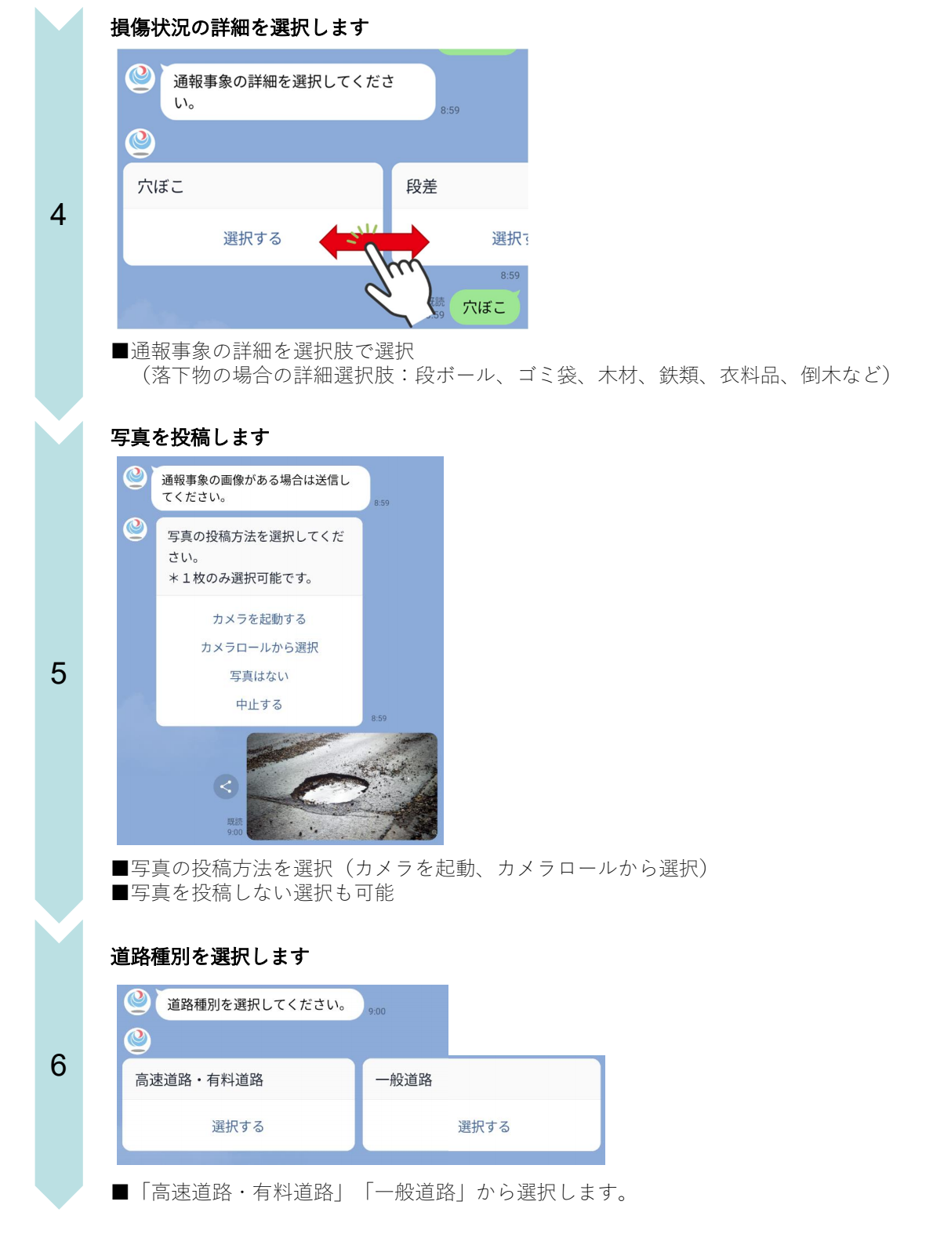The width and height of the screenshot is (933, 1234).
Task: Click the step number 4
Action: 58,215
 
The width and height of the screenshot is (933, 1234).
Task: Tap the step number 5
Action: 58,673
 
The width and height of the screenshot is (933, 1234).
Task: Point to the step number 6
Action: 58,1065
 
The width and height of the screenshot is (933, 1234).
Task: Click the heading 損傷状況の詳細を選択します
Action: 239,27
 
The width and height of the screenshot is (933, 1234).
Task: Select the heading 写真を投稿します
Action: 190,437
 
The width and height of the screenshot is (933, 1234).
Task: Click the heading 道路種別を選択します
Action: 209,956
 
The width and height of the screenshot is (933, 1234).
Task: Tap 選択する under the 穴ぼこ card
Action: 252,238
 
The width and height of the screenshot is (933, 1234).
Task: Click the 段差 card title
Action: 422,187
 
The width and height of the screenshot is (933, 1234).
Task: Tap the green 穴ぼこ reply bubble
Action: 485,307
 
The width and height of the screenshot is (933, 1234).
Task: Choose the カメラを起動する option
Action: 259,619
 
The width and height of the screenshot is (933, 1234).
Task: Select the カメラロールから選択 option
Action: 259,648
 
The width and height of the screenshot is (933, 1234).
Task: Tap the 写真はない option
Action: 259,676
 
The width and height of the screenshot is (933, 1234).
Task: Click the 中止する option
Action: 259,705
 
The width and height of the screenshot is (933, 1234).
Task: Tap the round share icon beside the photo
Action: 226,786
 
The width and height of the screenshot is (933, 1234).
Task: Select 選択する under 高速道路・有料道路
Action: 238,1127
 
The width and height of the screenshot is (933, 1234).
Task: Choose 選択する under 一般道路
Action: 483,1127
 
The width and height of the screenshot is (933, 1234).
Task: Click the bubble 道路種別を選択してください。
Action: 256,1004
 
